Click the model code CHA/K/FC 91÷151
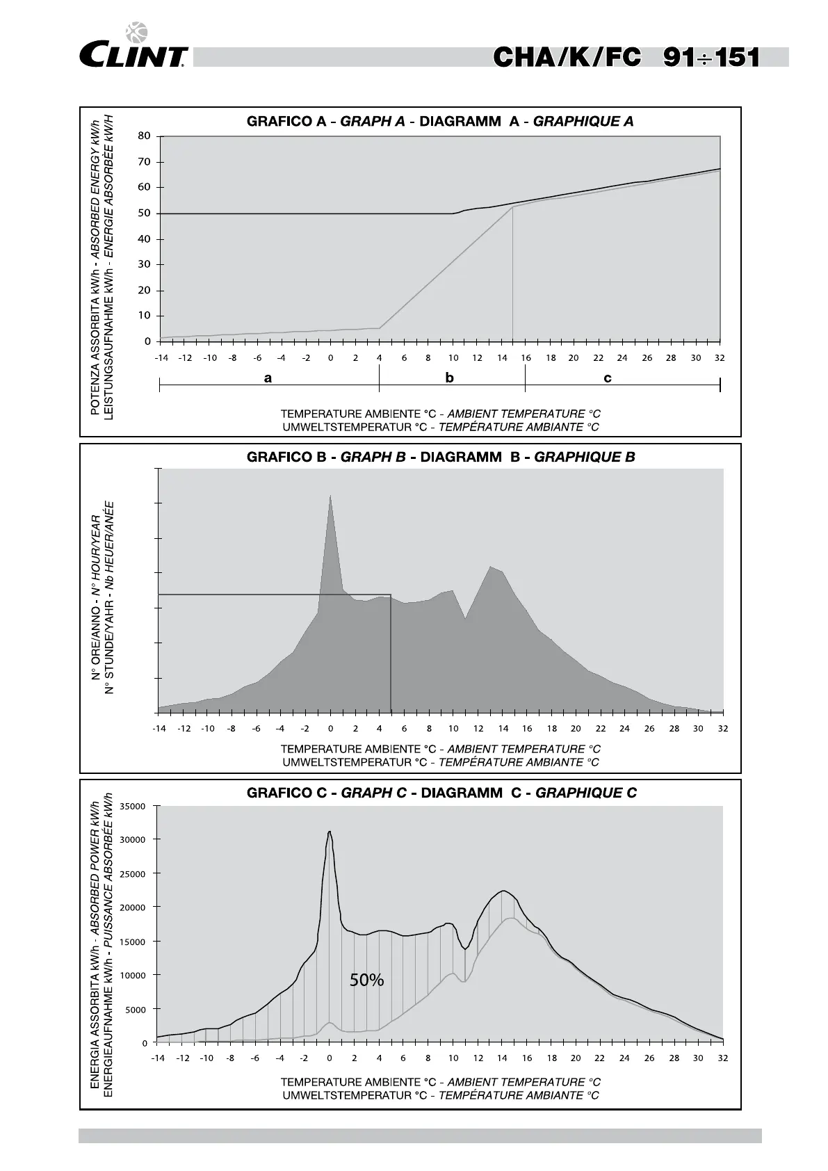(x=626, y=57)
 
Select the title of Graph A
(x=440, y=122)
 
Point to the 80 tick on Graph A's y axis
(x=145, y=136)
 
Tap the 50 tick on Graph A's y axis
(x=145, y=213)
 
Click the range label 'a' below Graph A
(x=268, y=378)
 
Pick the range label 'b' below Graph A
(x=450, y=378)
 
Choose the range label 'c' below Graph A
(x=608, y=378)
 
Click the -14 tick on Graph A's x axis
(x=161, y=358)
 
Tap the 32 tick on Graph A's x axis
(x=720, y=358)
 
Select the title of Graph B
(x=441, y=458)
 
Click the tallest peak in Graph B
(x=330, y=496)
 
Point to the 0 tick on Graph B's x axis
(x=330, y=729)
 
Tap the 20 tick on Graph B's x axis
(x=576, y=729)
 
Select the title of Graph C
(x=441, y=793)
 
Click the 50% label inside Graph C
(x=366, y=980)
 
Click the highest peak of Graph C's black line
(x=330, y=832)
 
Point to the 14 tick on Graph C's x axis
(x=503, y=1058)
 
